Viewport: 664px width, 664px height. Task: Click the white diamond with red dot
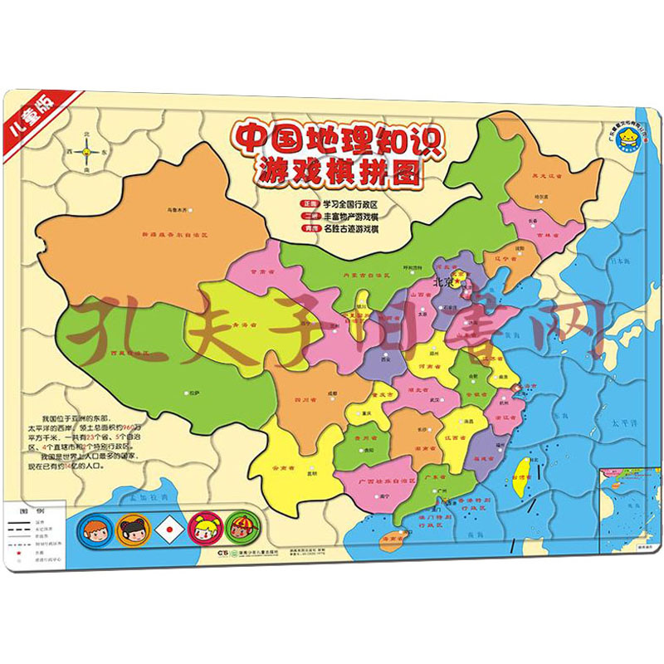pos(168,527)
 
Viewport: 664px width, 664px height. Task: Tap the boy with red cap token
pos(240,527)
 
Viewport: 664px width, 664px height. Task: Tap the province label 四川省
pos(300,399)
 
